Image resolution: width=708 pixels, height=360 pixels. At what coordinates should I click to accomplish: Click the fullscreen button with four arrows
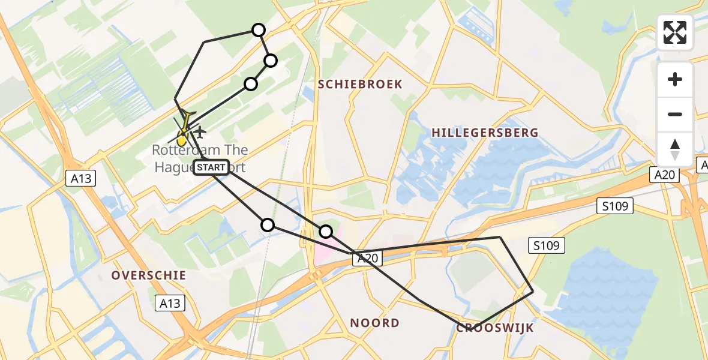pyautogui.click(x=675, y=32)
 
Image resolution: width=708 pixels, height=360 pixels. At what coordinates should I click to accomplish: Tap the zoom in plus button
pyautogui.click(x=675, y=79)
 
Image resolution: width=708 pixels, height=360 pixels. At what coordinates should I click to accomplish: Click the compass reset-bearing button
pyautogui.click(x=675, y=149)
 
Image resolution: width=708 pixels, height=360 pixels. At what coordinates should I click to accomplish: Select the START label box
pyautogui.click(x=211, y=167)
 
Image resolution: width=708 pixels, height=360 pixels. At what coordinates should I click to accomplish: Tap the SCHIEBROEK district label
pyautogui.click(x=360, y=84)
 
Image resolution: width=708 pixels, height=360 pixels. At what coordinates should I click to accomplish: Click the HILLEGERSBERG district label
pyautogui.click(x=484, y=133)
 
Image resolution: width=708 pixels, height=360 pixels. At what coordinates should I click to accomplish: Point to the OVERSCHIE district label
pyautogui.click(x=149, y=275)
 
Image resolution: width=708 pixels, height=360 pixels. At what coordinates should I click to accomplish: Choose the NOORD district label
pyautogui.click(x=374, y=323)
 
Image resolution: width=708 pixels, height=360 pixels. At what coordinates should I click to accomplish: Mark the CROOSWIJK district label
pyautogui.click(x=495, y=328)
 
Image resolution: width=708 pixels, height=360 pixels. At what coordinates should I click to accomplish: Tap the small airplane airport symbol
pyautogui.click(x=199, y=131)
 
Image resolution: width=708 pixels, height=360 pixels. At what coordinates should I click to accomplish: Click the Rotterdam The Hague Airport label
pyautogui.click(x=200, y=158)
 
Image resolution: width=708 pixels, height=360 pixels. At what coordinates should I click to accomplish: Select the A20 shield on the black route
pyautogui.click(x=367, y=259)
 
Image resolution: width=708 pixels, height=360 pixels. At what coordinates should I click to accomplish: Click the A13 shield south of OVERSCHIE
pyautogui.click(x=169, y=303)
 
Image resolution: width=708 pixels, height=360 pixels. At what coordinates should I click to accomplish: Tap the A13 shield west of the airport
pyautogui.click(x=79, y=178)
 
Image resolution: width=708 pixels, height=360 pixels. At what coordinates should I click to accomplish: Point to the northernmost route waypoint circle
pyautogui.click(x=258, y=30)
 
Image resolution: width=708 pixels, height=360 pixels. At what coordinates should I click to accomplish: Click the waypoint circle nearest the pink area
pyautogui.click(x=325, y=231)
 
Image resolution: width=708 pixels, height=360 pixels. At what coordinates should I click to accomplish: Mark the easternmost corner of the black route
pyautogui.click(x=533, y=292)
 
